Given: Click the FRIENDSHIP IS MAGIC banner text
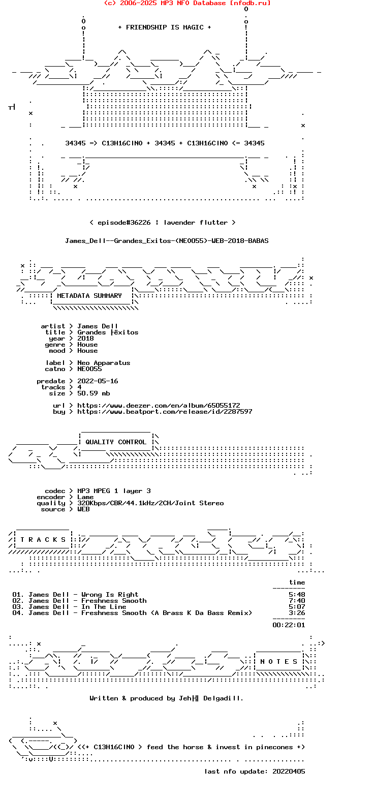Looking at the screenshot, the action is (x=164, y=27).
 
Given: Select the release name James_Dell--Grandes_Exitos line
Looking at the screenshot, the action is (x=167, y=241).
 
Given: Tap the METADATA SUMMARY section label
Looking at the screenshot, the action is (x=89, y=296).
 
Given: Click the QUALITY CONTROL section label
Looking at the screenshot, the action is (x=116, y=442).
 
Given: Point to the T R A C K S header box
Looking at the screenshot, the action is (x=43, y=540).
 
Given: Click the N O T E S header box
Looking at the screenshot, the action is (x=278, y=662).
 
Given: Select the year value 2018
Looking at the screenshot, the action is (x=85, y=339).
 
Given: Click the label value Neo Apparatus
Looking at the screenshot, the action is (x=104, y=363).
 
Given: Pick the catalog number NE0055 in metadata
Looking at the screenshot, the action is (x=89, y=369).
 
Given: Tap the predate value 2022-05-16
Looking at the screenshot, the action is (x=98, y=381).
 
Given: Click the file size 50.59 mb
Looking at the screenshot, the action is (x=93, y=393).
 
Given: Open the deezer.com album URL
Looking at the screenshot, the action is (x=159, y=406).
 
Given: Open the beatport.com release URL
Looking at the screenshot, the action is (x=165, y=412).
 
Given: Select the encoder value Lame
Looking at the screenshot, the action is (x=85, y=497).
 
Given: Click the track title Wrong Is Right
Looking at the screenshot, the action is (x=110, y=595).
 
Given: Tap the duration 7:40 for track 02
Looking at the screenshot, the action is (x=297, y=601).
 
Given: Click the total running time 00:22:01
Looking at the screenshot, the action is (x=289, y=625).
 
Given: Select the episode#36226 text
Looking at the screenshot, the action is (x=124, y=223).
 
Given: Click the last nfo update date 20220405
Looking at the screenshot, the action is (x=289, y=771).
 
